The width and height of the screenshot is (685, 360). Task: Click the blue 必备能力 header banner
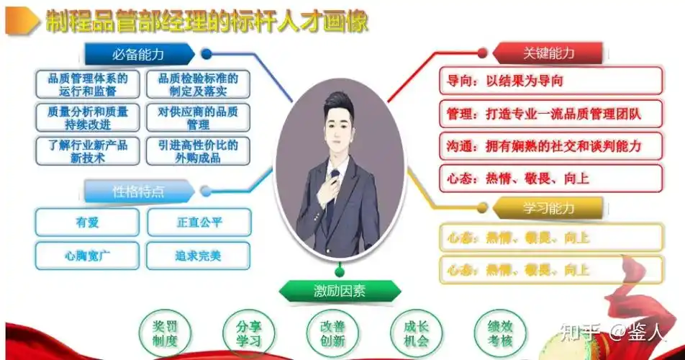[138, 54]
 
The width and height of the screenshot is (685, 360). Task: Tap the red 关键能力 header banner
[548, 53]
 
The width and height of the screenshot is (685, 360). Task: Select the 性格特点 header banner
[138, 192]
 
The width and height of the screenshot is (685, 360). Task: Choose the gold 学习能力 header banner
[548, 209]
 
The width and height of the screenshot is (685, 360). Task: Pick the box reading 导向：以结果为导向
[550, 81]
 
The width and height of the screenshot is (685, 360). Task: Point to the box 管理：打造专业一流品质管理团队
[550, 114]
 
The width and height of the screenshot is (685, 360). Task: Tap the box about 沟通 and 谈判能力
[550, 147]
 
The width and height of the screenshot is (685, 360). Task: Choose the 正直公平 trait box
[199, 222]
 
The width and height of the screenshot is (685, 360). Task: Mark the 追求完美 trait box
[199, 256]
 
